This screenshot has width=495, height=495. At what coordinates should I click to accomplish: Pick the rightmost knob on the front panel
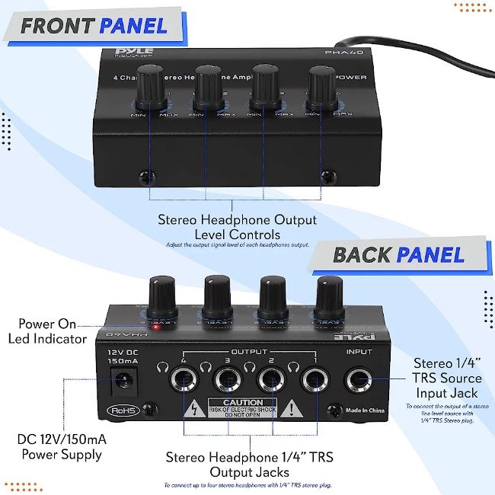(x=321, y=88)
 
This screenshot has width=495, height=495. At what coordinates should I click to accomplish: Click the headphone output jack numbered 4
(x=184, y=380)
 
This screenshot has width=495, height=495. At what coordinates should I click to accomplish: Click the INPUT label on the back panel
(x=359, y=353)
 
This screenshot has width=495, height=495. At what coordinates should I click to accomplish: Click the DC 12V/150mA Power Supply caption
(x=60, y=447)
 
